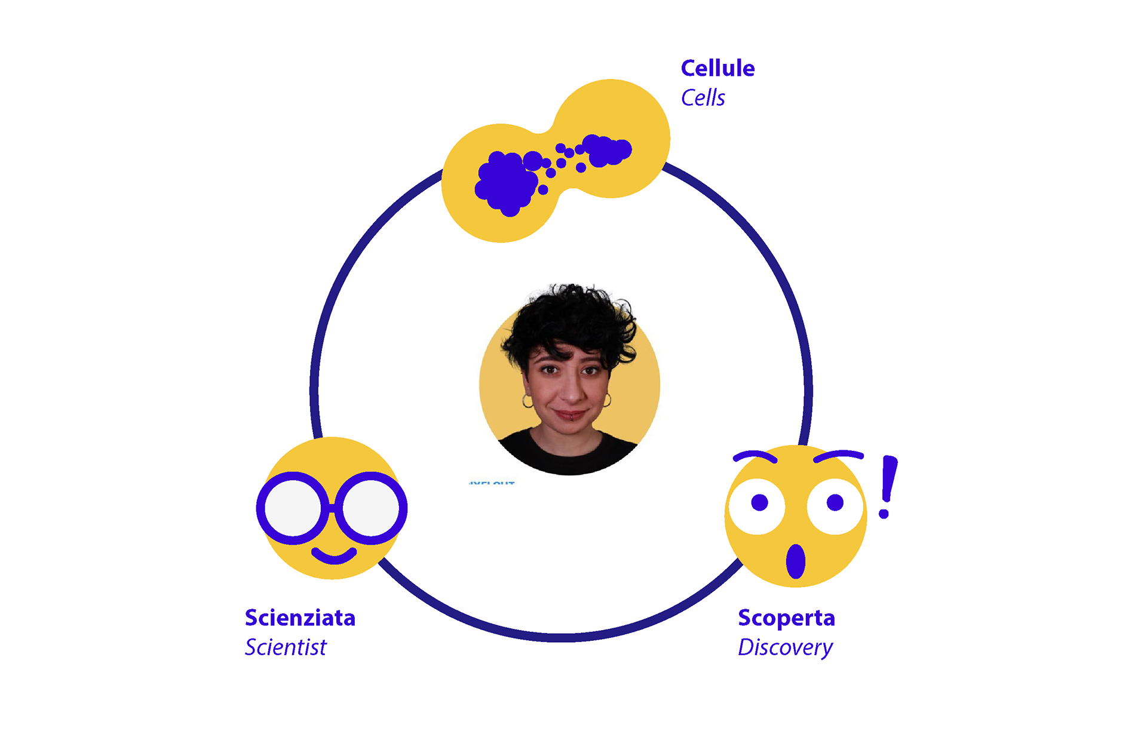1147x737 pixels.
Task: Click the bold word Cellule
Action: [717, 69]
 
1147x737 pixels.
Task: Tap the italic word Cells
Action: [703, 98]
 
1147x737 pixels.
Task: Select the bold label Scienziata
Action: [300, 618]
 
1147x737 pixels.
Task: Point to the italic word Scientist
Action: [286, 647]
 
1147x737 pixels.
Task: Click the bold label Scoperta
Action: [786, 618]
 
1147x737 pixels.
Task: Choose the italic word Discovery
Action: [785, 648]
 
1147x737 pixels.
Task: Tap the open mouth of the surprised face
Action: [796, 561]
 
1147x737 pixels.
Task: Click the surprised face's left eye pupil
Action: [759, 503]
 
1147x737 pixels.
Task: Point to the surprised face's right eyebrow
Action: [838, 456]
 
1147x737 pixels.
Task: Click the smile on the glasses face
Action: [334, 557]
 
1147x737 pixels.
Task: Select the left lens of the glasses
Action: [293, 508]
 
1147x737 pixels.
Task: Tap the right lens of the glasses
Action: [371, 508]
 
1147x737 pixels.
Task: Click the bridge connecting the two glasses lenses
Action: [332, 509]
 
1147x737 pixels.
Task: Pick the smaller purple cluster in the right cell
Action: [606, 151]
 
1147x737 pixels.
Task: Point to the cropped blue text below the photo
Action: [492, 481]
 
